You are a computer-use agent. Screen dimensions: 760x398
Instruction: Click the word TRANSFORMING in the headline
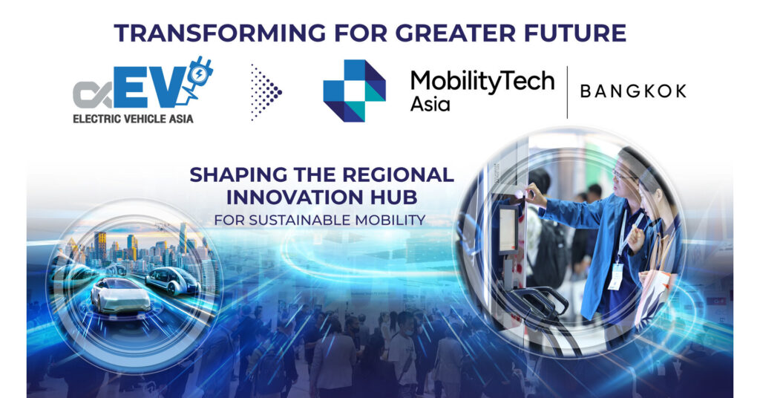coord(220,33)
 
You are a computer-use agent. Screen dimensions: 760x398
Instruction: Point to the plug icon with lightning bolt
coord(199,77)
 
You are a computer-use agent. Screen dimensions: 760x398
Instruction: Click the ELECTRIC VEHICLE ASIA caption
coord(134,119)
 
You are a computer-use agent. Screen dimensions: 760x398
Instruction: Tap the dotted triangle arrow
coord(266,91)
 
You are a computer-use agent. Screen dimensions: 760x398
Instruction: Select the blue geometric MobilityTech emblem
coord(354,91)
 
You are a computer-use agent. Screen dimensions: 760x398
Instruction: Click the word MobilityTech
coord(482,82)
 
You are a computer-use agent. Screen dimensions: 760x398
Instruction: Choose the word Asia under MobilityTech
coord(430,104)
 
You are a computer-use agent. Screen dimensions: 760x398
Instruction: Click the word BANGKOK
coord(633,91)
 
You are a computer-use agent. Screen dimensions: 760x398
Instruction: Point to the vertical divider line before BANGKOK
coord(567,92)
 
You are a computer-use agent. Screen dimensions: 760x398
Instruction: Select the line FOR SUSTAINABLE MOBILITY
coord(320,220)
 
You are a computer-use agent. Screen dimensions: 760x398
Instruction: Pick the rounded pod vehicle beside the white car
coord(172,281)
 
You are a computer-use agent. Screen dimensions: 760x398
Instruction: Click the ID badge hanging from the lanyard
coord(615,276)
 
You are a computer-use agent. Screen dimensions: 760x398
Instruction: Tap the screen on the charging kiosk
coord(508,229)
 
